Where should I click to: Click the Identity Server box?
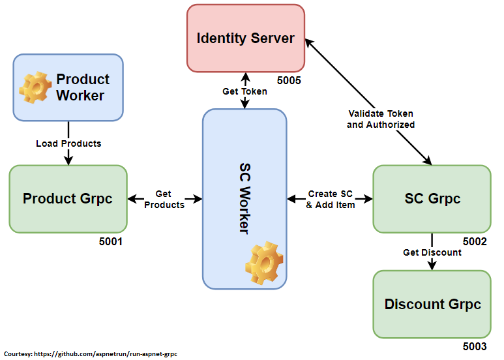pos(245,38)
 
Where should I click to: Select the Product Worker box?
pos(68,87)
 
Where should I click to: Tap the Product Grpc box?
pos(68,198)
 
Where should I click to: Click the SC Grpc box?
pos(432,198)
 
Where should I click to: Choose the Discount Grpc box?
pos(432,304)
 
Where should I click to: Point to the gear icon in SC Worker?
pos(264,262)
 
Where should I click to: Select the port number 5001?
pos(111,241)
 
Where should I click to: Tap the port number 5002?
pos(475,241)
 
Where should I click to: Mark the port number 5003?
pos(475,347)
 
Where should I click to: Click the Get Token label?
pos(245,91)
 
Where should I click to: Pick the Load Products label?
pos(68,143)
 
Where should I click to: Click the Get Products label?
pos(164,199)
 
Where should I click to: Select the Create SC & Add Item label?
pos(331,199)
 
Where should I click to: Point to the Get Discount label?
pos(432,252)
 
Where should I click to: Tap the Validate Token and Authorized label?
pos(381,119)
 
